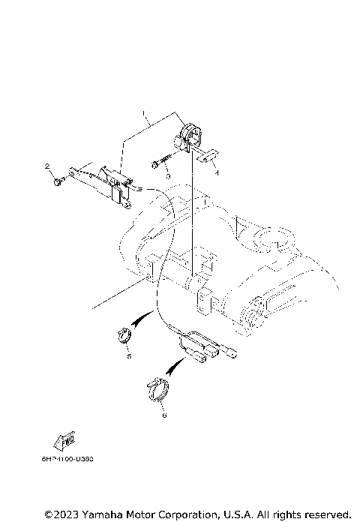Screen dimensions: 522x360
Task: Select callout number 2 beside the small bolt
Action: [x=46, y=166]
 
